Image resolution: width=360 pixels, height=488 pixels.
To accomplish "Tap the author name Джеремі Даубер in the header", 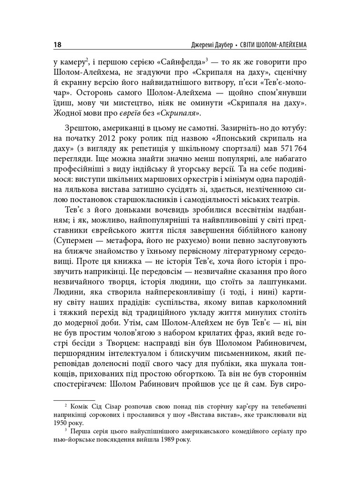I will (208, 46).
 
